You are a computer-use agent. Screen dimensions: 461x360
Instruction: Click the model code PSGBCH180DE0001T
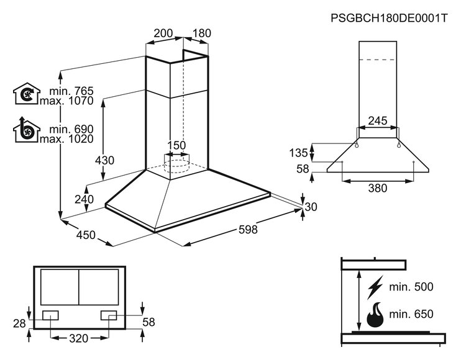pos(389,18)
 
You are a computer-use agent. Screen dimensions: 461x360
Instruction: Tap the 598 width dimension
pos(248,229)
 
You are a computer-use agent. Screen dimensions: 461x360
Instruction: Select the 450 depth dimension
pos(86,235)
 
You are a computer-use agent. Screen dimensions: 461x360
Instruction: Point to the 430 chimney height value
pos(104,160)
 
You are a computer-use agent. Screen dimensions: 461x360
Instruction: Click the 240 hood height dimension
pos(84,199)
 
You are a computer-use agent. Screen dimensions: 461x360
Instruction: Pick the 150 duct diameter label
pos(176,145)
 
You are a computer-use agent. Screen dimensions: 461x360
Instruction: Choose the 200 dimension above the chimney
pos(163,33)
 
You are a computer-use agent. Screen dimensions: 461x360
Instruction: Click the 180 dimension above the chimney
pos(202,33)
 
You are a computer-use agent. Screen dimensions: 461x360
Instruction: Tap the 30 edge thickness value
pos(311,207)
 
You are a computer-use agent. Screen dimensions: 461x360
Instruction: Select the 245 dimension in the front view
pos(378,120)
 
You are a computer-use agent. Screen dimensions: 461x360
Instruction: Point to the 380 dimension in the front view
pos(378,188)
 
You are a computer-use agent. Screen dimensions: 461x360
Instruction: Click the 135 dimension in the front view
pos(298,153)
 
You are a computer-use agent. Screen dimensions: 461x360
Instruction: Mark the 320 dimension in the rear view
pos(79,338)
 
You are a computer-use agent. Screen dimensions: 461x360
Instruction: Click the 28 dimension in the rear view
pos(19,323)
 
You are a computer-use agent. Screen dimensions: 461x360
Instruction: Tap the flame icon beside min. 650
pos(375,315)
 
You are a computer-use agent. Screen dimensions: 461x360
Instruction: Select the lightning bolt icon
pos(375,287)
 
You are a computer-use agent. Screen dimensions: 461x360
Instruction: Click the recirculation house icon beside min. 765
pos(27,93)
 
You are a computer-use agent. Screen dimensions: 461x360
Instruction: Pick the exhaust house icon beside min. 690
pos(27,130)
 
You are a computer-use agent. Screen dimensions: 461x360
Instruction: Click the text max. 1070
pos(66,101)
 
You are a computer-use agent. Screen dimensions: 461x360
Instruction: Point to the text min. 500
pos(411,287)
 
